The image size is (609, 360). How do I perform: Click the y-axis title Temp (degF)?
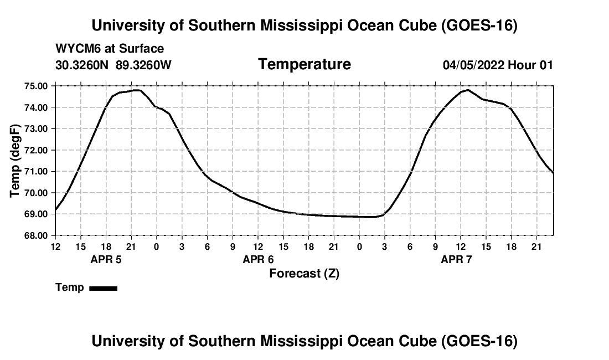click(x=15, y=161)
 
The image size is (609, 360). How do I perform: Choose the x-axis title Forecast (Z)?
click(x=304, y=274)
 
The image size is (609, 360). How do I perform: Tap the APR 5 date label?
click(x=106, y=259)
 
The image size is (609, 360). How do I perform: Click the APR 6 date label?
click(x=259, y=259)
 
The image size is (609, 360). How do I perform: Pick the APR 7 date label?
click(x=456, y=259)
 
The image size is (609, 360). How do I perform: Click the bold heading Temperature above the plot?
click(x=304, y=64)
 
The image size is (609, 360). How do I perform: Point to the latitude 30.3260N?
click(x=82, y=65)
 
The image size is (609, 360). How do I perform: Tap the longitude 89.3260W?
click(x=143, y=65)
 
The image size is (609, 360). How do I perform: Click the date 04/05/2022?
click(x=473, y=65)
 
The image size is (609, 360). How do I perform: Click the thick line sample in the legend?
click(x=104, y=288)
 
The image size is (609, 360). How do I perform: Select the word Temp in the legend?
click(x=70, y=287)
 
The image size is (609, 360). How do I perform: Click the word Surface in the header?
click(x=141, y=49)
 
